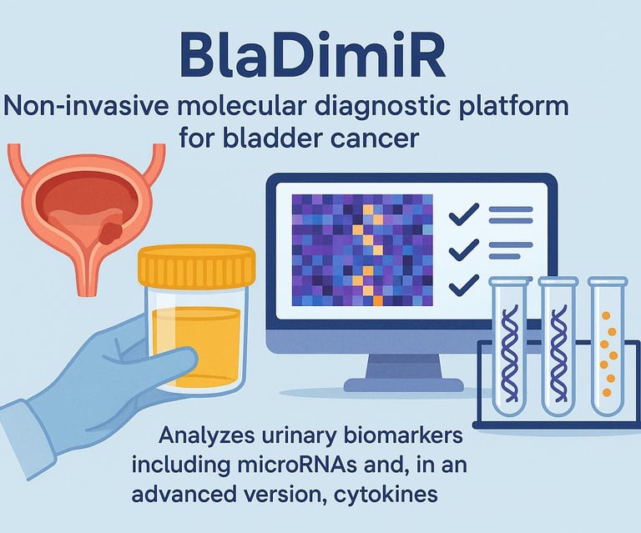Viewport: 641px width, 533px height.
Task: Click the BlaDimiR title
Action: [x=313, y=58]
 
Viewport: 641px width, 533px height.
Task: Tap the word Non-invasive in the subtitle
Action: [x=86, y=107]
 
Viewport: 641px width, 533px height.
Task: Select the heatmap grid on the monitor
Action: [x=362, y=250]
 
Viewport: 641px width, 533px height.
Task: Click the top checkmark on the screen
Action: [x=464, y=214]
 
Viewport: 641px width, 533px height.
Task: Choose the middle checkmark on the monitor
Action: [x=464, y=249]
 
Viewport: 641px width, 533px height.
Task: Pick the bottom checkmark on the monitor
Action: [x=464, y=284]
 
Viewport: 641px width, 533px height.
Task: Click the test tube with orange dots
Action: [x=608, y=346]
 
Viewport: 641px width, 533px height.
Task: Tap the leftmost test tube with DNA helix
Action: [x=509, y=346]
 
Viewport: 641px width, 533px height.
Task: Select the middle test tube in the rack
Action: [x=558, y=346]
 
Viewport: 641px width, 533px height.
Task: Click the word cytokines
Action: [x=386, y=495]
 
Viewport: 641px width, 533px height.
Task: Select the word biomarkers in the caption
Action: [x=402, y=435]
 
